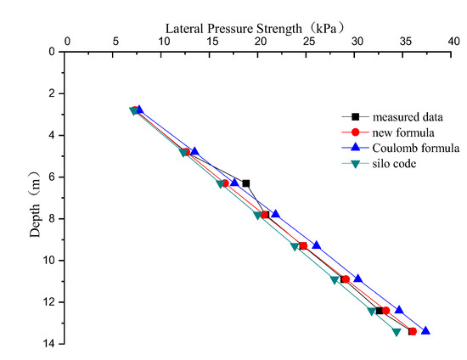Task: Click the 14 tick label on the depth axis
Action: click(51, 343)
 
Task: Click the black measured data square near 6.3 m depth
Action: click(246, 183)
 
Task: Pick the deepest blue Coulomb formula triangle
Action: click(425, 330)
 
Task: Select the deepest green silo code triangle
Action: click(397, 332)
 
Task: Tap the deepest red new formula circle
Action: click(413, 331)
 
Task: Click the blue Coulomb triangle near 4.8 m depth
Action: click(194, 151)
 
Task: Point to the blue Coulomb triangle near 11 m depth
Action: click(357, 278)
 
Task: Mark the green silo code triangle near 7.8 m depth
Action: click(257, 216)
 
